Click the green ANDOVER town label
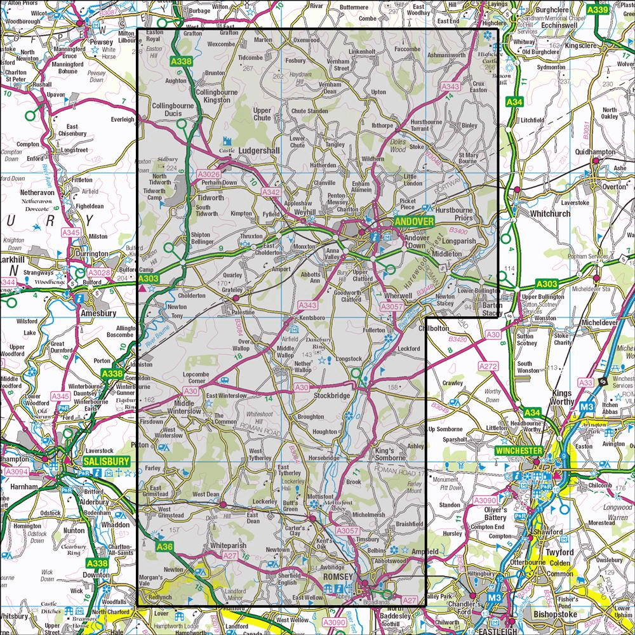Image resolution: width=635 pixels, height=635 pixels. click(413, 222)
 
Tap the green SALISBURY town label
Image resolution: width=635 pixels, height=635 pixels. click(105, 462)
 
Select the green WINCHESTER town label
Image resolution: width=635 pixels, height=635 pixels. click(519, 451)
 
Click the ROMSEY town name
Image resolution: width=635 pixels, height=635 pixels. click(337, 576)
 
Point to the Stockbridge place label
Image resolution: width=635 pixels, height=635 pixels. click(332, 396)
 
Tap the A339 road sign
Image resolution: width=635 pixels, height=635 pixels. click(598, 10)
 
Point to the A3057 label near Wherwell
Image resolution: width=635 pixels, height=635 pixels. click(392, 307)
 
